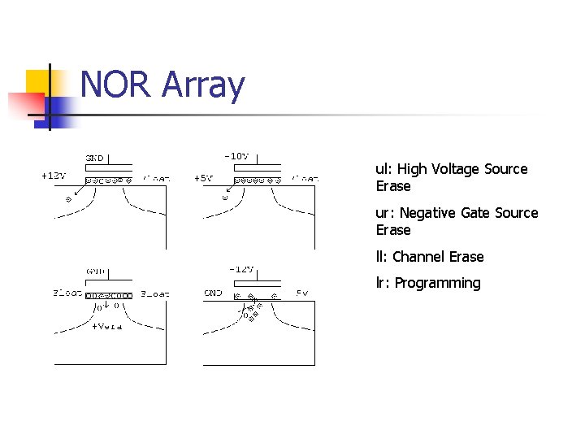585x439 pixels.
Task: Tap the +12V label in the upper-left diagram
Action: point(54,175)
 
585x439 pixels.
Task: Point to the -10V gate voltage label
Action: point(236,156)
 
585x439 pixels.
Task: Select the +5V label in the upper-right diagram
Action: point(203,178)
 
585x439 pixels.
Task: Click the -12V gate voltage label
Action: point(240,269)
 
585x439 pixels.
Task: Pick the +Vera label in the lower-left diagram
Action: point(106,326)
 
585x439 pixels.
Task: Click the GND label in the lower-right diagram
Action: point(213,293)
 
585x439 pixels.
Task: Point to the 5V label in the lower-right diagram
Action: point(301,293)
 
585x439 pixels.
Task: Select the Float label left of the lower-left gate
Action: point(67,293)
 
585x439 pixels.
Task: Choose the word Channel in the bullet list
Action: point(418,257)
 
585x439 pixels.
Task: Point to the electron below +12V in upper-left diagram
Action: point(68,198)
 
